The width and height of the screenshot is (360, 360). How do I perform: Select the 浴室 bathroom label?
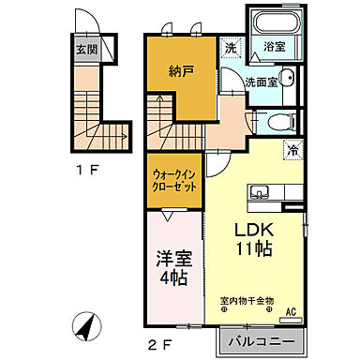pos(274,45)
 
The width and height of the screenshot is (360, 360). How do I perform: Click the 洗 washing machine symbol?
pos(230,46)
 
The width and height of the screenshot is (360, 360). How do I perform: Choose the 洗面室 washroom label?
pos(262,82)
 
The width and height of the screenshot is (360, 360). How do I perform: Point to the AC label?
pos(289,311)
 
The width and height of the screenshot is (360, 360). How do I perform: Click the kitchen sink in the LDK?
pos(260,194)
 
